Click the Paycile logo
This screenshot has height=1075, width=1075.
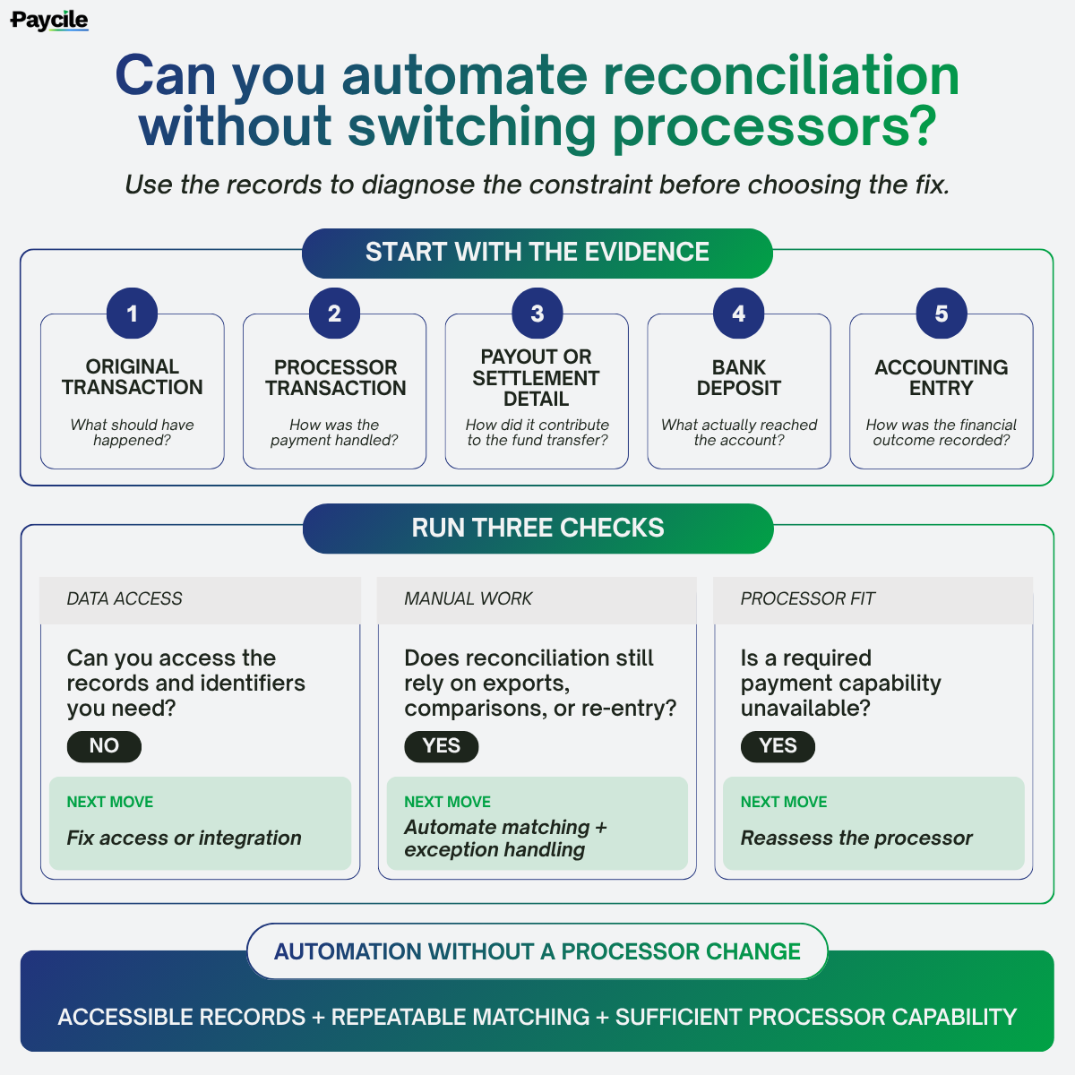pos(49,21)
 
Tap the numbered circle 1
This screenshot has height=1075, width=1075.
pos(133,313)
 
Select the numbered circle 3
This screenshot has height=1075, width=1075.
pos(537,313)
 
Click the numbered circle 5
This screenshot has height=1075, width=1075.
pos(942,313)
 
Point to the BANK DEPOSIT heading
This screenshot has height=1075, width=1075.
pos(738,378)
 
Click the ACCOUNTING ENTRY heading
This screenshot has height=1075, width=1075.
pos(942,378)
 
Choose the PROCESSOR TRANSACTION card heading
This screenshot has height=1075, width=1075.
pos(335,378)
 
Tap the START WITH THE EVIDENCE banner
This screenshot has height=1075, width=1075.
pos(537,254)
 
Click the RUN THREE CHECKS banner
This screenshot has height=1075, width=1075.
pos(537,529)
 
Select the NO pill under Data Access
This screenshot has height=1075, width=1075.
pos(104,746)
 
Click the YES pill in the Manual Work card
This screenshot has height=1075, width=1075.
pos(442,746)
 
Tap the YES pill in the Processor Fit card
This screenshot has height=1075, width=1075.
pos(778,746)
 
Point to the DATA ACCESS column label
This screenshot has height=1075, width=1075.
pos(125,598)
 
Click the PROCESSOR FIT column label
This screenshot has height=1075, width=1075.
pos(807,598)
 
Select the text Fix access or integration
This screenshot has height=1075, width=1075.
pos(185,838)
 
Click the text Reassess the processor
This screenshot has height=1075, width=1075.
pos(856,838)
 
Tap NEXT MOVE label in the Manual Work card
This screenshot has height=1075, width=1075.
pos(447,802)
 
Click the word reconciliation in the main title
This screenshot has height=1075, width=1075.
pos(781,76)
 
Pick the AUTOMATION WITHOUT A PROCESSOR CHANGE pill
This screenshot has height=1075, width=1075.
pos(537,951)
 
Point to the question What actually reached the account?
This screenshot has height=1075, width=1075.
pos(738,433)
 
